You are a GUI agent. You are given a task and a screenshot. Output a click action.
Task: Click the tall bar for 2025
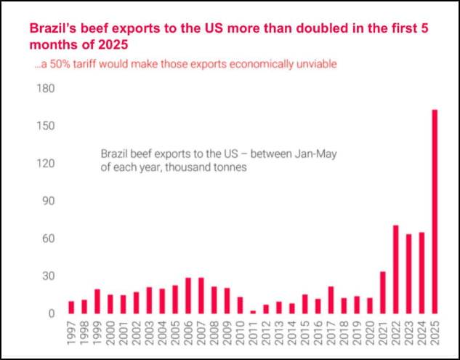click(x=435, y=212)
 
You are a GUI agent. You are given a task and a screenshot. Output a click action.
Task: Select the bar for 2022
click(x=396, y=269)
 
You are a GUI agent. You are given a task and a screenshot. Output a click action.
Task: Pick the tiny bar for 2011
click(x=252, y=312)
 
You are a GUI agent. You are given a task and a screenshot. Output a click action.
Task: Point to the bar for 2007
click(x=201, y=295)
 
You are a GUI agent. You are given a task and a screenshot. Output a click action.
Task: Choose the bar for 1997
click(x=71, y=307)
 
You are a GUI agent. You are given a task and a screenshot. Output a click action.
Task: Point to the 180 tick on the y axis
click(x=46, y=89)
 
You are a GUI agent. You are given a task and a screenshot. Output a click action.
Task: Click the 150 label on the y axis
click(x=46, y=127)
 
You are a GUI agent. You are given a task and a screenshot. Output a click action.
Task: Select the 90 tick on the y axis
click(x=49, y=201)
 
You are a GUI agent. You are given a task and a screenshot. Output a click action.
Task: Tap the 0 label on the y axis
click(x=52, y=313)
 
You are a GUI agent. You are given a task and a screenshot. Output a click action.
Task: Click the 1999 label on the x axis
click(x=97, y=336)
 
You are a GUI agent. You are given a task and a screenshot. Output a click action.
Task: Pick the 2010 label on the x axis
click(x=240, y=336)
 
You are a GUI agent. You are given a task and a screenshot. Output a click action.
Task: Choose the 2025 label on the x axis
click(x=435, y=336)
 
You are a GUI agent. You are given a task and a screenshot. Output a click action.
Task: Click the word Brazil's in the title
click(x=52, y=29)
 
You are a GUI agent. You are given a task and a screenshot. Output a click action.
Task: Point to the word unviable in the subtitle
click(x=317, y=64)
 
